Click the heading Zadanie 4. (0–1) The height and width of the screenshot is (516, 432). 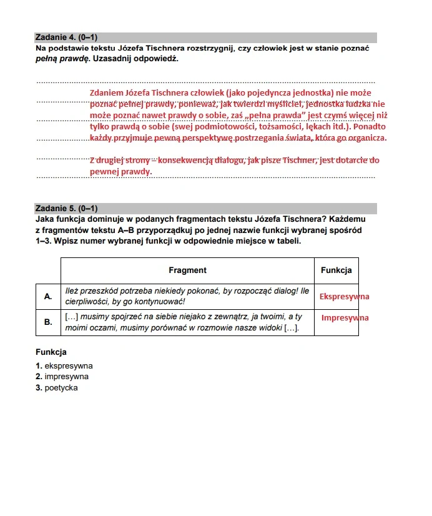65,37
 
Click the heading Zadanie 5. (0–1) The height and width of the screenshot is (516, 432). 65,209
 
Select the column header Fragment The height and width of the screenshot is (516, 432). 187,270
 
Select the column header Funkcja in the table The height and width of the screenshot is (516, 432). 336,270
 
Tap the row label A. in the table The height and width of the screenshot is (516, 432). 48,296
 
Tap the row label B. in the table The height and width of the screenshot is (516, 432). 48,322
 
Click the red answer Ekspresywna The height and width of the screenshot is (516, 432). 344,296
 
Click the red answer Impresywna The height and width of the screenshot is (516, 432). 345,318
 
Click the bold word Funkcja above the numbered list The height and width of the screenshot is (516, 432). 51,352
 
